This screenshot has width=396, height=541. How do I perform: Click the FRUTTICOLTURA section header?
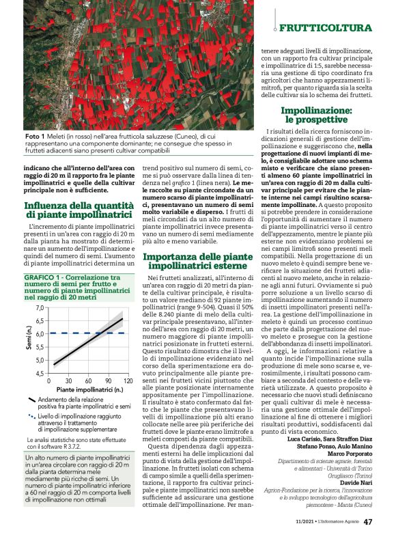tap(326, 28)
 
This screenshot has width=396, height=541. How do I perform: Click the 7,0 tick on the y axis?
tap(39, 309)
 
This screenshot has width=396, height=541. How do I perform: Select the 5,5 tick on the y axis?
tap(39, 347)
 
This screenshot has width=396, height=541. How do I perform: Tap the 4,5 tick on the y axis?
tap(39, 373)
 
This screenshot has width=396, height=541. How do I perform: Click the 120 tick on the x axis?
tap(128, 380)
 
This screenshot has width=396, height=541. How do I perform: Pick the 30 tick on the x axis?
tap(68, 380)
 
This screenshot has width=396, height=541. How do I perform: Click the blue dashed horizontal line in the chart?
tap(88, 333)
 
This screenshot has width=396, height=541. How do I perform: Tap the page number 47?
tap(368, 523)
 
